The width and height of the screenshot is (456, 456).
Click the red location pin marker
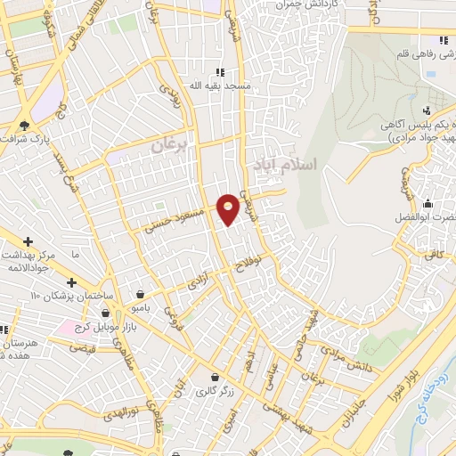[229, 208]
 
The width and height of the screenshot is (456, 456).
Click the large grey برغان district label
[170, 143]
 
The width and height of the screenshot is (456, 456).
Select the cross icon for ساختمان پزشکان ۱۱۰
[71, 282]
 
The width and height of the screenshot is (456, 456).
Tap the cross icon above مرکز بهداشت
[29, 241]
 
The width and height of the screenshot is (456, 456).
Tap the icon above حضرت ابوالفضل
[428, 203]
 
